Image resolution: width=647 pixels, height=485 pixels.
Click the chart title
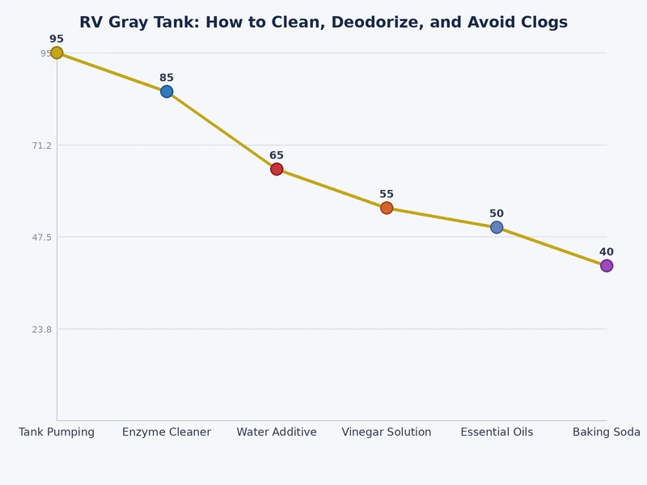click(323, 23)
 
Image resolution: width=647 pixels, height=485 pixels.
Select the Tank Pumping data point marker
click(57, 53)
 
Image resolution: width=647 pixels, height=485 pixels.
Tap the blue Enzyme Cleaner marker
click(167, 91)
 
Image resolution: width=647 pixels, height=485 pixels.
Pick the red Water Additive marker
click(277, 169)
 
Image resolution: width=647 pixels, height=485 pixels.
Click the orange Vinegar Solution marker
click(387, 208)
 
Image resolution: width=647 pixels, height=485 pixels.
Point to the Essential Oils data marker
click(497, 227)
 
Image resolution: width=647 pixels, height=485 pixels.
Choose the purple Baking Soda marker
click(607, 266)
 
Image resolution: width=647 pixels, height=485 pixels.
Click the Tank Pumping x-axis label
click(57, 432)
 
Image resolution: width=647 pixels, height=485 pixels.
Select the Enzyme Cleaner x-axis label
click(167, 432)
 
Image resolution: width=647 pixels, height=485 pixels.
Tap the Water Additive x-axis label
click(277, 432)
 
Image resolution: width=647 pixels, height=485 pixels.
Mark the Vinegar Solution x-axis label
click(387, 432)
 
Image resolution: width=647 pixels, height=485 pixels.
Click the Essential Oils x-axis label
click(497, 432)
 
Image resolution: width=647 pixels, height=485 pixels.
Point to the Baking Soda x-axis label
click(607, 432)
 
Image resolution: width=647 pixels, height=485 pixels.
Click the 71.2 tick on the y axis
click(40, 145)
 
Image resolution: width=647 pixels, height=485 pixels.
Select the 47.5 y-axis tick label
click(40, 238)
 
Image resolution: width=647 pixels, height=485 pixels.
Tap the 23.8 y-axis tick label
click(40, 330)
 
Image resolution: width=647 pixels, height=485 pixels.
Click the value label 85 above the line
click(167, 78)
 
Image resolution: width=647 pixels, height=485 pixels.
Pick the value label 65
click(277, 156)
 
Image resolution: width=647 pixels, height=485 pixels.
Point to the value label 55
click(387, 195)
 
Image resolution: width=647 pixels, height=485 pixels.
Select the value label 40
click(607, 252)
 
